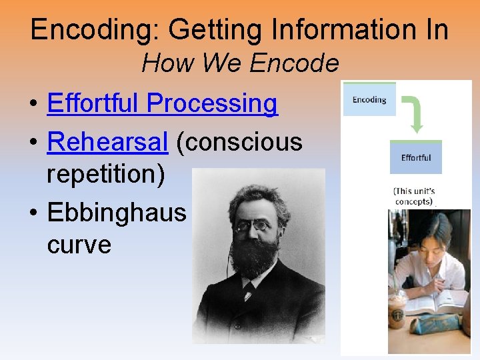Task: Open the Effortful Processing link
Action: point(162,104)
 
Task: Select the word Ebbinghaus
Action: point(117,212)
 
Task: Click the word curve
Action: point(79,245)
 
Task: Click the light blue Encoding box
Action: point(369,99)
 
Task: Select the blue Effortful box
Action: point(416,157)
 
